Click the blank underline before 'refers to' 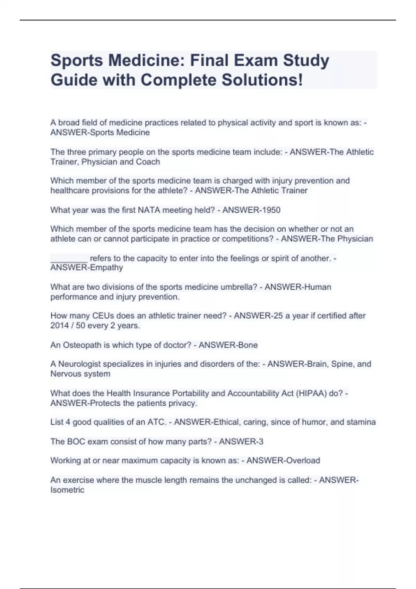point(69,258)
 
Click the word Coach point(148,162)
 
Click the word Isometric point(67,490)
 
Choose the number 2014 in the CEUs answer point(60,326)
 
